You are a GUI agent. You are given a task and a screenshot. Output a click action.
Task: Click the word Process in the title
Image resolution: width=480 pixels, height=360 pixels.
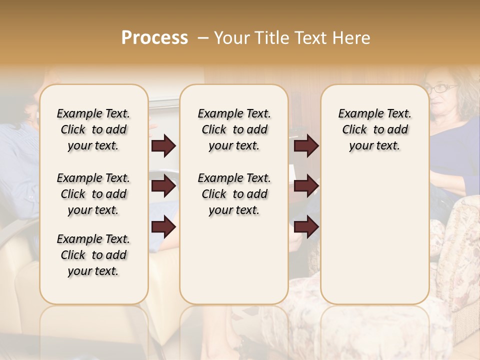pyautogui.click(x=154, y=38)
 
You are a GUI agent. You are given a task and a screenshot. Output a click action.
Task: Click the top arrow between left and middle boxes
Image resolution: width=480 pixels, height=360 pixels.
pyautogui.click(x=163, y=146)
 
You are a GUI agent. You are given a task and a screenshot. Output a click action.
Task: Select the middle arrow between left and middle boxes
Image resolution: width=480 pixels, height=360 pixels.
pyautogui.click(x=163, y=186)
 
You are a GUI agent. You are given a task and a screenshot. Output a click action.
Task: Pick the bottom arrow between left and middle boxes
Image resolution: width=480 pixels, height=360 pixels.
pyautogui.click(x=163, y=227)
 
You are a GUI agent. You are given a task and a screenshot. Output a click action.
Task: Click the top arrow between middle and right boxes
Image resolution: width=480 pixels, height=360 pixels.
pyautogui.click(x=306, y=146)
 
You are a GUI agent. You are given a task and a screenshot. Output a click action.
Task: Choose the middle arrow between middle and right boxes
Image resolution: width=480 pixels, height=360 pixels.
pyautogui.click(x=306, y=186)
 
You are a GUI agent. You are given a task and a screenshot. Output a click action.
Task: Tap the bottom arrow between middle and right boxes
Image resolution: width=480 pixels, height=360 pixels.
pyautogui.click(x=306, y=227)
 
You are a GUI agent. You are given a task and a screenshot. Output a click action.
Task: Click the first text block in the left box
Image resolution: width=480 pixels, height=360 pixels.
pyautogui.click(x=93, y=129)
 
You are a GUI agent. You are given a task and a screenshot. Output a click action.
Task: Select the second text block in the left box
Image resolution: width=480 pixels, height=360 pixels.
pyautogui.click(x=93, y=194)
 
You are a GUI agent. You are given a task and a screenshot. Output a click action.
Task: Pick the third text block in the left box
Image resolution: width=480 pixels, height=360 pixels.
pyautogui.click(x=93, y=255)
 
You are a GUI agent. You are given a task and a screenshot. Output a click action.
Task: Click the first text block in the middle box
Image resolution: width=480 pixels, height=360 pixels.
pyautogui.click(x=234, y=129)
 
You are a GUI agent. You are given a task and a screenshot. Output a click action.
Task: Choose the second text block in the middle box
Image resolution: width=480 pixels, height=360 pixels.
pyautogui.click(x=234, y=194)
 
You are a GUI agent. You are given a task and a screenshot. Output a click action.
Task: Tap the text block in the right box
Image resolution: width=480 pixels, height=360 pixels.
pyautogui.click(x=374, y=129)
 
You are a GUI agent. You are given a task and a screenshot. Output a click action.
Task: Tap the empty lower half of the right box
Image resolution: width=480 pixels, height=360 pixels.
pyautogui.click(x=374, y=235)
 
